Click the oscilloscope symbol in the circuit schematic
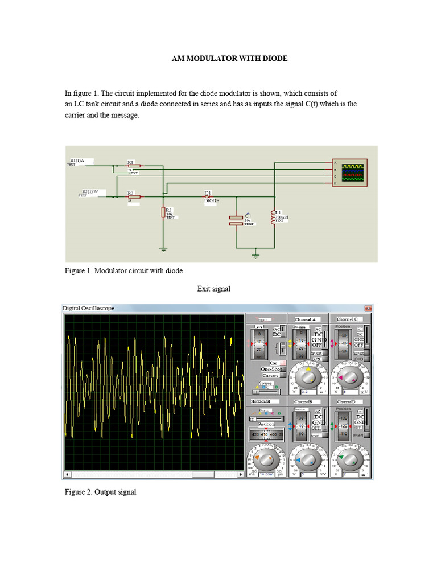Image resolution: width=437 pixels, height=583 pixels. point(350,173)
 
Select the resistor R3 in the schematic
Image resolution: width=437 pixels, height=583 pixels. point(163,212)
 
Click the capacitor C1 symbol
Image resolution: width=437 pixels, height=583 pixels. point(236,220)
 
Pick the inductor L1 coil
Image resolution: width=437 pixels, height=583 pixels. point(273,217)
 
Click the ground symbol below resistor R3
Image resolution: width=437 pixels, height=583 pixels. point(163,250)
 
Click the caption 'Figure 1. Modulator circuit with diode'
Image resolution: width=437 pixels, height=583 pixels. point(123,270)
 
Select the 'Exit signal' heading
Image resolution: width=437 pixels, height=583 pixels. point(214,289)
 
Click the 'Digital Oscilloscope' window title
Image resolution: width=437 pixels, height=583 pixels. point(88,309)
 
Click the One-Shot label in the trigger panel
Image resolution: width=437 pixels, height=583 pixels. point(271,369)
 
